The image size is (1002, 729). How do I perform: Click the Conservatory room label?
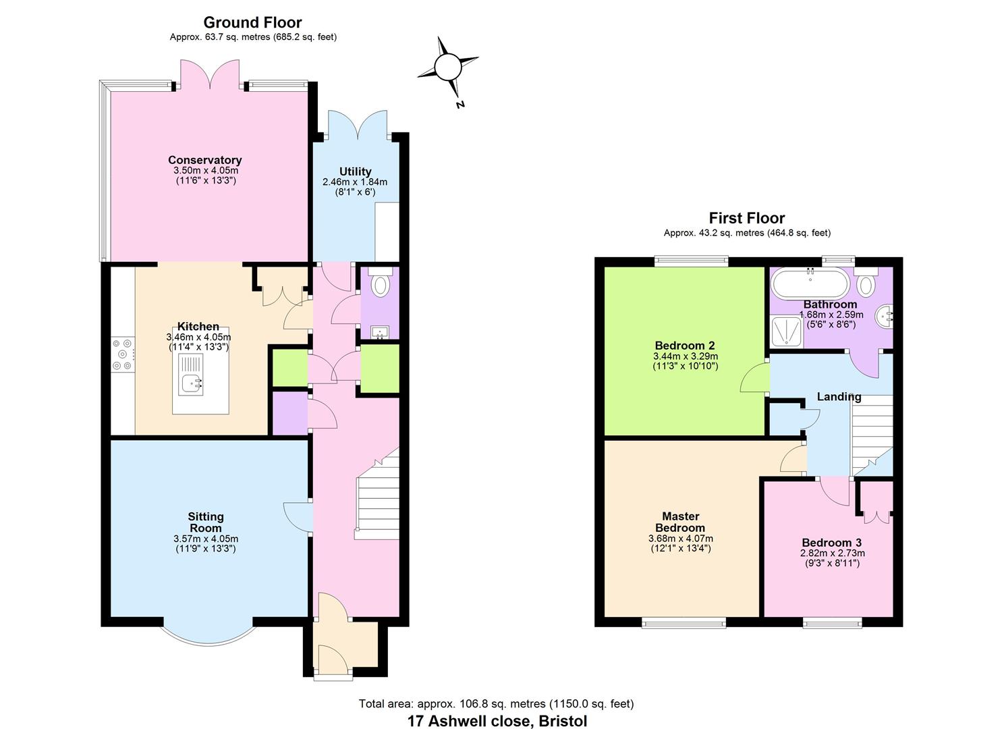coord(204,160)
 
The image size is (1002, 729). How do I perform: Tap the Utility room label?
coord(355,171)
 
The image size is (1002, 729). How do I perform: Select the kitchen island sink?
coord(191,383)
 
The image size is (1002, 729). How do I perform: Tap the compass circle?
coord(446,67)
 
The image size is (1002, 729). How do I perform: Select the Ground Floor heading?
coord(252,22)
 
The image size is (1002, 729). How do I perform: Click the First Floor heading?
coord(746,218)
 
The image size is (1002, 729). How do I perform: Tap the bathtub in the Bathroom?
coord(808,283)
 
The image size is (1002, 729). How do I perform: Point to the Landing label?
coord(839,397)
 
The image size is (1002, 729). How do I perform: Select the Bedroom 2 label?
coord(684,346)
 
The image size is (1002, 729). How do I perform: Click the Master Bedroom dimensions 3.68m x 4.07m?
coord(680,539)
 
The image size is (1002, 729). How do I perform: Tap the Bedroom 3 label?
coord(831,543)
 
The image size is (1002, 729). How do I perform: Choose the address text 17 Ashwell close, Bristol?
coord(497,721)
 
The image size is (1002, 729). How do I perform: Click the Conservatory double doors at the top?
coord(211,74)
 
